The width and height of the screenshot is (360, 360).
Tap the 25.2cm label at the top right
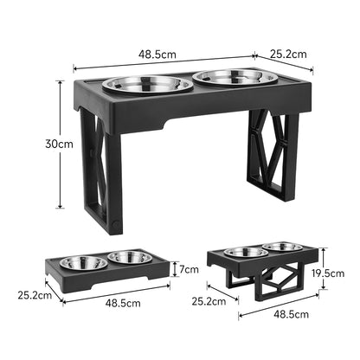click(287, 54)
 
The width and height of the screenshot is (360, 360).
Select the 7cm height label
click(190, 268)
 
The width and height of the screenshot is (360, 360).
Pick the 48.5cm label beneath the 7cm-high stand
click(123, 304)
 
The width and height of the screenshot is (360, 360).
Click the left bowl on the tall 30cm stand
click(148, 85)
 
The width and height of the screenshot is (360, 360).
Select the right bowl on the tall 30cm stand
click(228, 78)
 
